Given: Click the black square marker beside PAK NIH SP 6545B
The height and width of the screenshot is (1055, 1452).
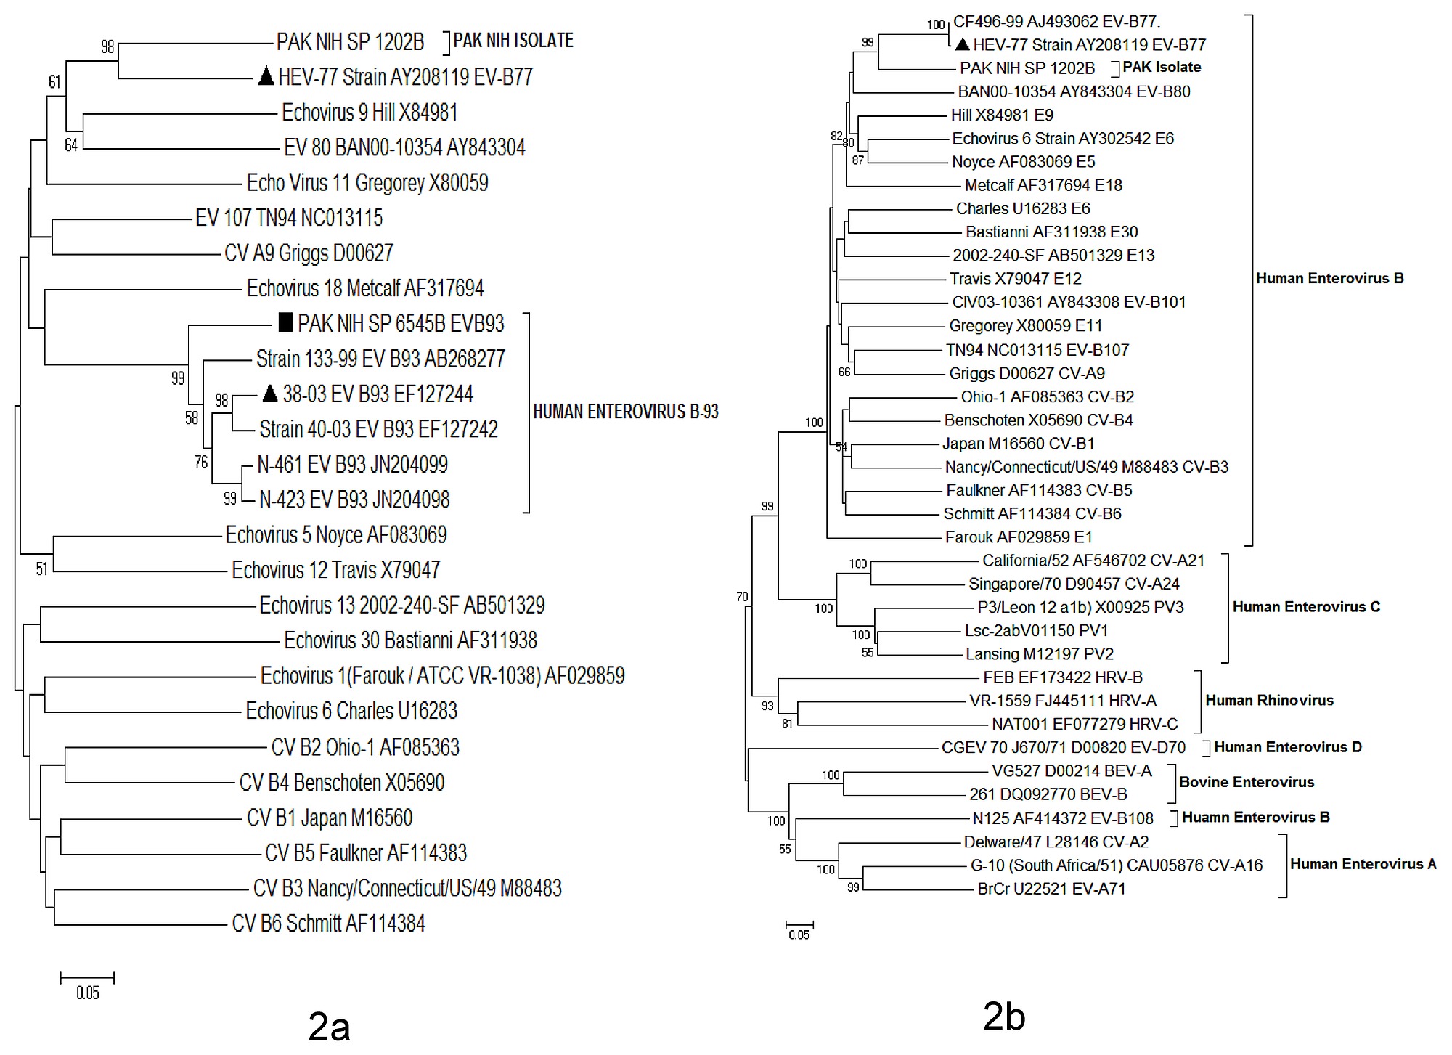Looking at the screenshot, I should (286, 322).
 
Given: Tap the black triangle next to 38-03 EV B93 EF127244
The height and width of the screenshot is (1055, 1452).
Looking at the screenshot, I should (269, 394).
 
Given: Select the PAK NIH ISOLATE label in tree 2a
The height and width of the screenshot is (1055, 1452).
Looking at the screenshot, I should (513, 41).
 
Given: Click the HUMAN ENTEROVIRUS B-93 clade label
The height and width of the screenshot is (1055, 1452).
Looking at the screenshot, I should (625, 412).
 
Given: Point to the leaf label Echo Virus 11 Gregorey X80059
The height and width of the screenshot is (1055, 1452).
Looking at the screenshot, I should (367, 182).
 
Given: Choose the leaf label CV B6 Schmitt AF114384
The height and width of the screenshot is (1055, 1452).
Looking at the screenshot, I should (328, 923).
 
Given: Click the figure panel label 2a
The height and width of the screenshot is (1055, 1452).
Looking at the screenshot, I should (329, 1026).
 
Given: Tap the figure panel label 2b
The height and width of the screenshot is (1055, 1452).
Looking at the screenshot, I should (1003, 1016).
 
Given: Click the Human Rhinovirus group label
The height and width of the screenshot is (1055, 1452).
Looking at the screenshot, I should (1269, 701).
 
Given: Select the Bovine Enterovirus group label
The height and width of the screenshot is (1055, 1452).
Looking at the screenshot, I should (1247, 782).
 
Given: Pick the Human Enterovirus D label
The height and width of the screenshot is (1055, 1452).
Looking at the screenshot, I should (1288, 747).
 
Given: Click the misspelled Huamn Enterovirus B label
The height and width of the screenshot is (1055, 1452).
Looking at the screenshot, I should (1256, 818).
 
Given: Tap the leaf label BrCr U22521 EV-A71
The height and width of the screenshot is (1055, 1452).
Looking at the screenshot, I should (1051, 889).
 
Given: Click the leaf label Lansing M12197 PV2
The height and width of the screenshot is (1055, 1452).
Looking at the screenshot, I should (1039, 654).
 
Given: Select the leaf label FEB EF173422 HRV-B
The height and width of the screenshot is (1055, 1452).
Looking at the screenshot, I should (1063, 677).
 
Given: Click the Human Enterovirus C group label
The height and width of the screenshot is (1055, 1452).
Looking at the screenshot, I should (1306, 607).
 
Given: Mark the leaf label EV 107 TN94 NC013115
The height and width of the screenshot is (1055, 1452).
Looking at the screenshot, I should (289, 217).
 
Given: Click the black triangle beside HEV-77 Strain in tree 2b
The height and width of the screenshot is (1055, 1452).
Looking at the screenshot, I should (962, 45).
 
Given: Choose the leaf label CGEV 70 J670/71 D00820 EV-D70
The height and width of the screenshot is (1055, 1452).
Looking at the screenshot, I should (1064, 747).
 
